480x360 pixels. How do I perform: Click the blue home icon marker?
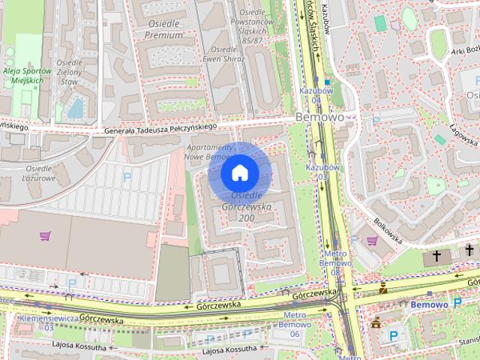point(239,172)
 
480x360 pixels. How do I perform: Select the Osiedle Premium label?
point(163,29)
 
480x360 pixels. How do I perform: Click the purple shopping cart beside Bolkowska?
point(372,241)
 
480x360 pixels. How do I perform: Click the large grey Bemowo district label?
point(319,118)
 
